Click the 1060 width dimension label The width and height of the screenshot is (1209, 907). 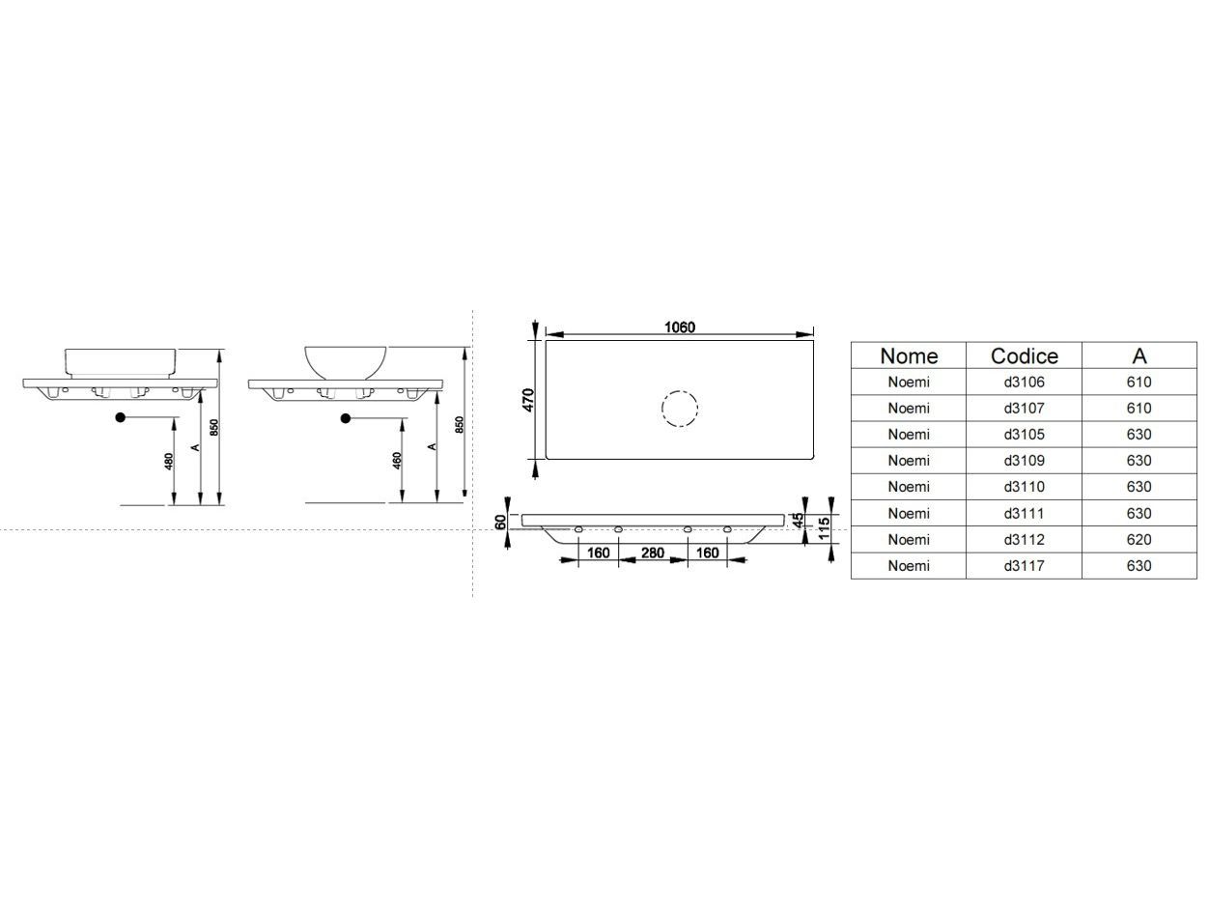[679, 327]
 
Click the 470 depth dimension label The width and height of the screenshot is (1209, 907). [528, 400]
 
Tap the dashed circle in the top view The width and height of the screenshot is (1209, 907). [679, 409]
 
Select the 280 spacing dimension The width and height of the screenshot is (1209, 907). [652, 553]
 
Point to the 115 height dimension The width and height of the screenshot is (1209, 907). [824, 528]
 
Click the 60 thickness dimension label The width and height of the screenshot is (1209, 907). [500, 522]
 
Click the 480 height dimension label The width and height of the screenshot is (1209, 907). [169, 462]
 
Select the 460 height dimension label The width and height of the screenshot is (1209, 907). [397, 461]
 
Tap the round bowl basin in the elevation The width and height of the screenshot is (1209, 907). [346, 361]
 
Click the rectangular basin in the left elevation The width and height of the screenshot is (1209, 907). [122, 361]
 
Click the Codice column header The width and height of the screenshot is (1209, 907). [1024, 355]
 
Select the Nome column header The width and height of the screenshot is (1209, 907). [908, 355]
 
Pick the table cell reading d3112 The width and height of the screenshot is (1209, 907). [1024, 539]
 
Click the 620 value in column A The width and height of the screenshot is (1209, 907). [1139, 539]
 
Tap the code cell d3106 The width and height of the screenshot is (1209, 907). [1024, 382]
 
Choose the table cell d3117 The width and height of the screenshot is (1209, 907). [1024, 565]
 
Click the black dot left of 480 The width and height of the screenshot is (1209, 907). [121, 417]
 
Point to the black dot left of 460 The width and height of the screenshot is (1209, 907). [345, 418]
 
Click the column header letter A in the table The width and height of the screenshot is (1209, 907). [1139, 355]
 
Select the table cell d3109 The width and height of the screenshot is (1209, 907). [1024, 461]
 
